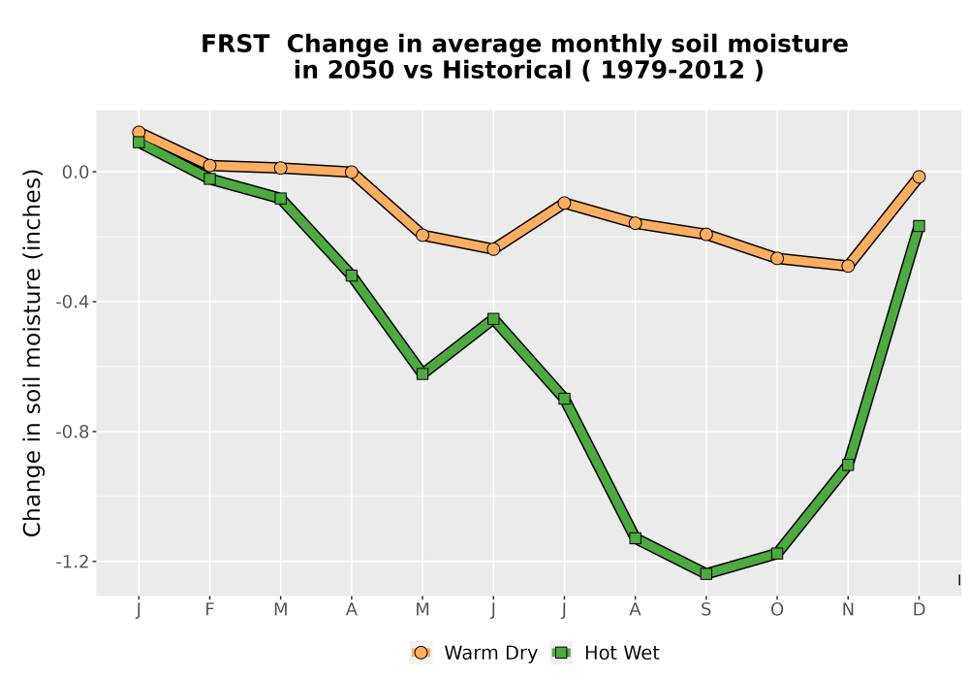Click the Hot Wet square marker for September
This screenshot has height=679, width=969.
[x=706, y=574]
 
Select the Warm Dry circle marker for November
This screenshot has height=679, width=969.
[x=848, y=266]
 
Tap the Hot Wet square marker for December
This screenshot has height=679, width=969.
[x=919, y=226]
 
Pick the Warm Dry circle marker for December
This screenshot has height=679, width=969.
[x=919, y=177]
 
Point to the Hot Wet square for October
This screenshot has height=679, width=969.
[x=777, y=554]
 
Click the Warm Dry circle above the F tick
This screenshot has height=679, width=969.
[x=209, y=165]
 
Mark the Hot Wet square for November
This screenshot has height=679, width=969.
[x=848, y=465]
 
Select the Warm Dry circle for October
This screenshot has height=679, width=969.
[x=777, y=258]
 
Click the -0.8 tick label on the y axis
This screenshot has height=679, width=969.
[x=73, y=432]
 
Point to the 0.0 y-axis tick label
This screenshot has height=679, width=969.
[x=76, y=172]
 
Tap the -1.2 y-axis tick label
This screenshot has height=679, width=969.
[x=73, y=562]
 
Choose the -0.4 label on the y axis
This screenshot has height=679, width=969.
[x=73, y=302]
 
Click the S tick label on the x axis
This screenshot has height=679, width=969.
[x=706, y=610]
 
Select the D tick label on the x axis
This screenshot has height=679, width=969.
[x=919, y=610]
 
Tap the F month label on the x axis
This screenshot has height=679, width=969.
[x=209, y=610]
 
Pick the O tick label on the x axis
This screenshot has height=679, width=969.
[x=777, y=610]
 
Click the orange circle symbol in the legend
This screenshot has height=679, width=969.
[x=421, y=653]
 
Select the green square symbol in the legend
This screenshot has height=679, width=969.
[x=561, y=653]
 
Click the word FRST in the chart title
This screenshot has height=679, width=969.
[x=235, y=45]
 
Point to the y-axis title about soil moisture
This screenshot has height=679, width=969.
[x=32, y=353]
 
